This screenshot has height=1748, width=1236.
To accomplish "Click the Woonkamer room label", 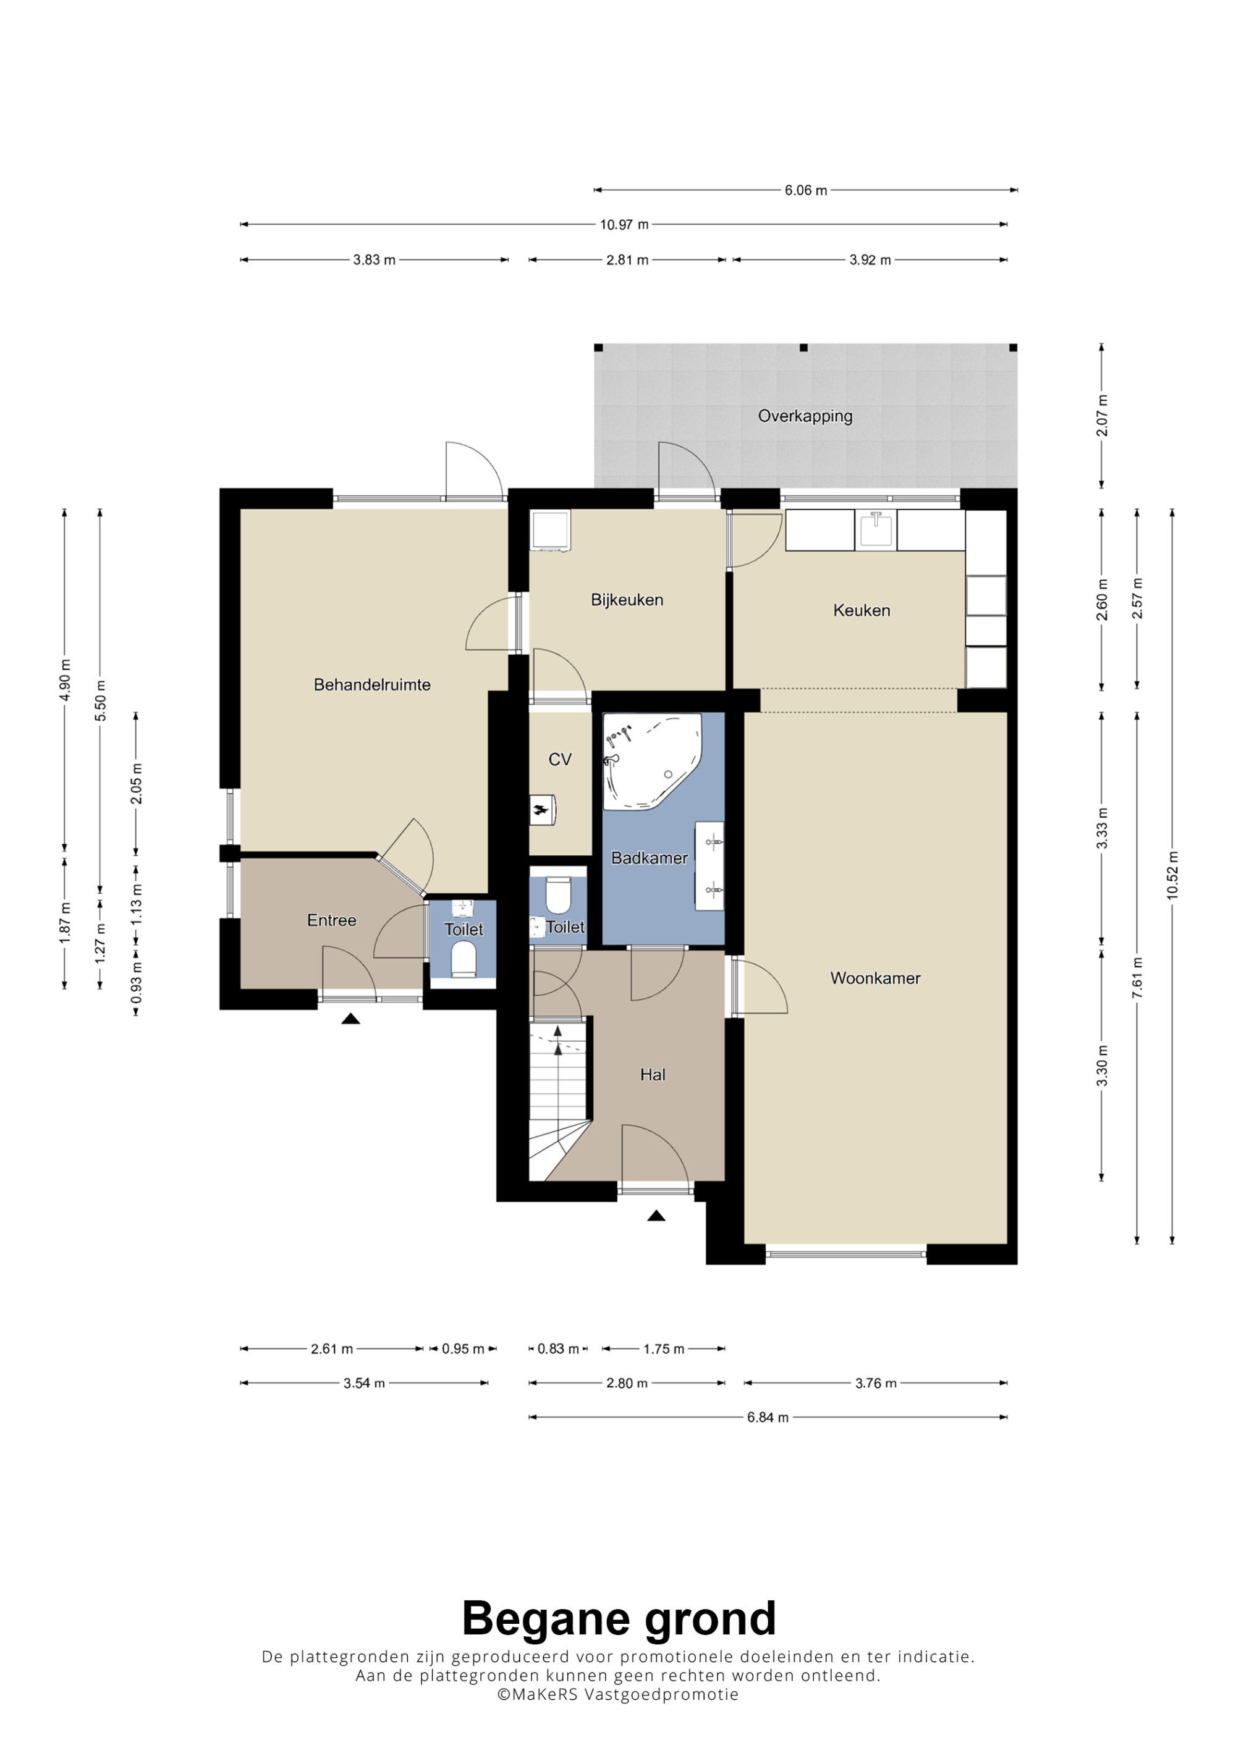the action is (x=875, y=978).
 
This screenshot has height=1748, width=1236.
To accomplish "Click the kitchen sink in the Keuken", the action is (x=876, y=529).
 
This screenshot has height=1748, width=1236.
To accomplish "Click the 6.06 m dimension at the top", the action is (x=806, y=190).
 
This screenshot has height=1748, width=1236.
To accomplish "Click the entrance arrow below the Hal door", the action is (x=656, y=1216).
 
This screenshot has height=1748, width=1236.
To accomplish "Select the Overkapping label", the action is (x=805, y=416).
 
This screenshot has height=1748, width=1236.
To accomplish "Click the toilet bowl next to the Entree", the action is (x=463, y=958).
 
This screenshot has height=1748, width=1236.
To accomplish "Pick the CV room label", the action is (x=560, y=759).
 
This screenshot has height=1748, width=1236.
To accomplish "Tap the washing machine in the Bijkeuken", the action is (x=551, y=530).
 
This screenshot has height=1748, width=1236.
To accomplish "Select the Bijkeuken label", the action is (x=627, y=600).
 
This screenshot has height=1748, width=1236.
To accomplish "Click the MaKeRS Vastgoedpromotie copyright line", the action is (x=617, y=1694).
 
